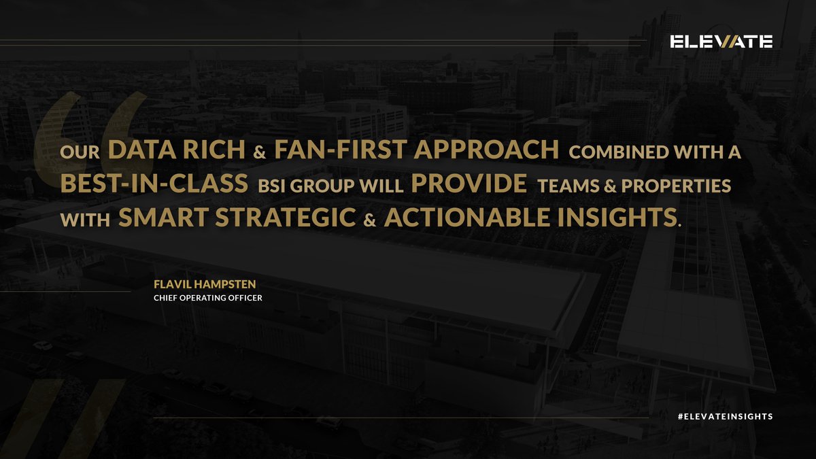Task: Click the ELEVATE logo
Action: click(721, 42)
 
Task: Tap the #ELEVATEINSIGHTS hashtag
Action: click(726, 416)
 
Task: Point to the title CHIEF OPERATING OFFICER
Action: click(208, 298)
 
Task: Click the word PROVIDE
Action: click(469, 185)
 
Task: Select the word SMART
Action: click(162, 218)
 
